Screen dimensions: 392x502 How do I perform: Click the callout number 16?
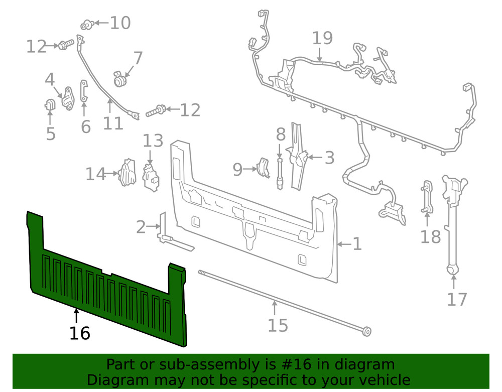[80, 333]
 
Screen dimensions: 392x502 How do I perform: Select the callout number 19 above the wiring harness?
[323, 38]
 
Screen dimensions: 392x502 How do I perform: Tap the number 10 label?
[120, 23]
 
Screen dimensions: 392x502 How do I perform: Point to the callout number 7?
[138, 58]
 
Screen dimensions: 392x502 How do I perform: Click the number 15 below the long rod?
[277, 325]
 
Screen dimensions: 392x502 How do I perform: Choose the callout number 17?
[457, 299]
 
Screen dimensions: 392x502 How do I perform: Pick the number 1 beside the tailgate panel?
[357, 244]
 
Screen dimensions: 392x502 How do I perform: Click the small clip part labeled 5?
[50, 106]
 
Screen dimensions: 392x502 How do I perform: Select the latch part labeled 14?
[127, 173]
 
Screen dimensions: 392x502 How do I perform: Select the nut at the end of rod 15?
[367, 332]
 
